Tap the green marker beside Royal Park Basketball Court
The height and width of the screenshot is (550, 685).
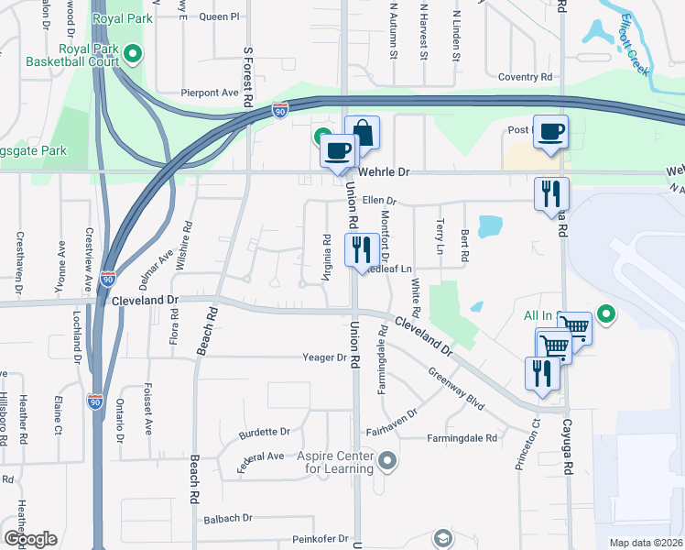(134, 55)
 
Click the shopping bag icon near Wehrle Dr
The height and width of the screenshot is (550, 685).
(362, 132)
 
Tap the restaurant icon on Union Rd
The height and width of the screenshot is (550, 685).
(361, 248)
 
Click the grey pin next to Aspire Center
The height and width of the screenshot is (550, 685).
(387, 461)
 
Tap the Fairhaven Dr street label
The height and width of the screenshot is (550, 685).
(391, 413)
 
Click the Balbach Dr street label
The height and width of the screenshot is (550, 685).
(228, 518)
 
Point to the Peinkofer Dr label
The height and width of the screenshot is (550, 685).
(320, 539)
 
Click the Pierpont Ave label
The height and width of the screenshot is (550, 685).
(210, 93)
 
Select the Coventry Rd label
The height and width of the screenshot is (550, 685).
(526, 78)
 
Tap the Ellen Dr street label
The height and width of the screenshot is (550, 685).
(378, 200)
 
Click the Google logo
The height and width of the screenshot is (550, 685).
(30, 539)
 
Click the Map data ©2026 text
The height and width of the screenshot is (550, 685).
(645, 543)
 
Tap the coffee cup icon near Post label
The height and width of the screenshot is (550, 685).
(550, 131)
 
